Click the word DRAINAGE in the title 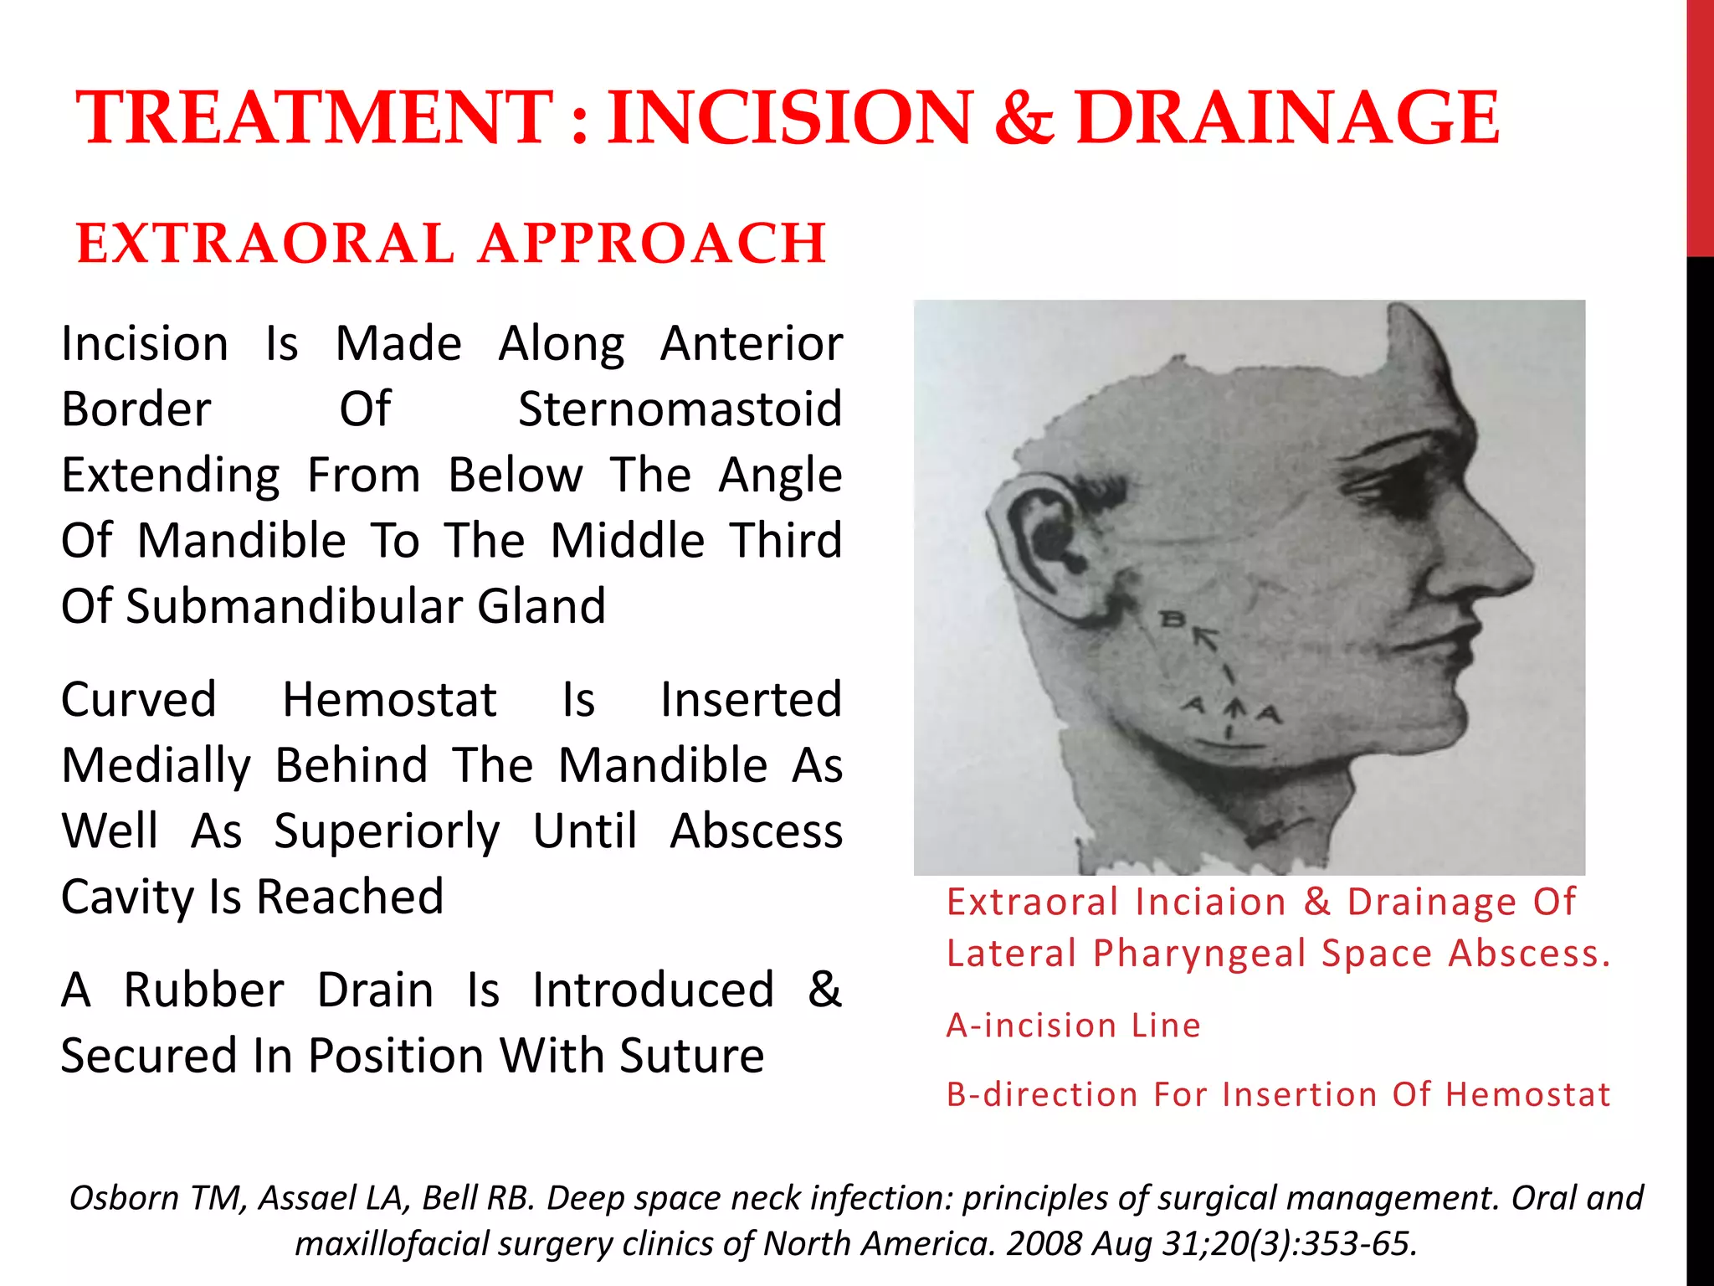coord(1287,119)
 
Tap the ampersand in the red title coord(1023,119)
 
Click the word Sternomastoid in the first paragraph coord(680,409)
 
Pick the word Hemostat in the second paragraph coord(389,700)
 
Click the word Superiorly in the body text coord(387,831)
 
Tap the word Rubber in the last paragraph coord(203,990)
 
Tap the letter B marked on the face coord(1172,620)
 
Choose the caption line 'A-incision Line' coord(1074,1026)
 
